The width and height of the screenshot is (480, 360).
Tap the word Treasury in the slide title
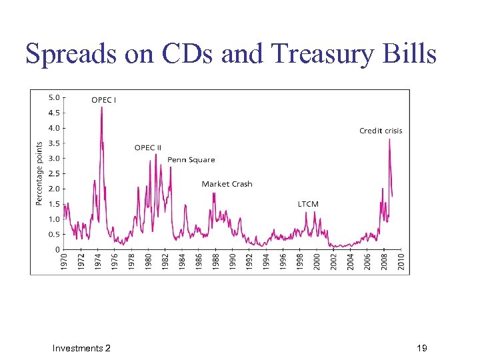point(327,53)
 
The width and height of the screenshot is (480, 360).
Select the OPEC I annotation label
point(103,100)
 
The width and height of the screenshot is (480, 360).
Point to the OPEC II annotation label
point(147,147)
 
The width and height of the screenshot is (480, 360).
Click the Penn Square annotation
point(191,159)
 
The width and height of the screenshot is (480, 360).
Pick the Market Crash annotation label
point(227,184)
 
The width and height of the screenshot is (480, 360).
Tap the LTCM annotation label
point(308,204)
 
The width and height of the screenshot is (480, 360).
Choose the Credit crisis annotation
point(381,131)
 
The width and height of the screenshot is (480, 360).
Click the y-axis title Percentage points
point(39,173)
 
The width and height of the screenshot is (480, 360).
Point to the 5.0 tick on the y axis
point(54,97)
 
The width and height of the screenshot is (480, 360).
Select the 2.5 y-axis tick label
point(54,173)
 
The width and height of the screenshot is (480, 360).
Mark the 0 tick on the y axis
point(57,249)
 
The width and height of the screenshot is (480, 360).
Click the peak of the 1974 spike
point(101,107)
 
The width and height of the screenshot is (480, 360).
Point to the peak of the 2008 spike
point(389,139)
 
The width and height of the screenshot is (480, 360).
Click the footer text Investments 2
point(81,348)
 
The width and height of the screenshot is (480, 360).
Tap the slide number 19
point(421,348)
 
